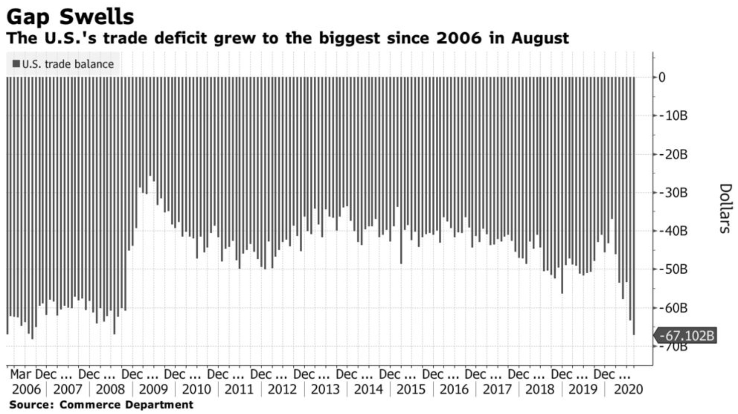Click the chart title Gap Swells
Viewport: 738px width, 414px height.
[x=71, y=17]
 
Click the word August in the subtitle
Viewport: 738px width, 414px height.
[x=540, y=38]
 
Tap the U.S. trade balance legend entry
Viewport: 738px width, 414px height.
[x=68, y=64]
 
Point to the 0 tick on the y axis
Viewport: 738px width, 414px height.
[x=662, y=77]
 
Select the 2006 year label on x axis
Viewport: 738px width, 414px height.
[x=26, y=389]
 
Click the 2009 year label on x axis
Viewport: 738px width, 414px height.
[x=153, y=389]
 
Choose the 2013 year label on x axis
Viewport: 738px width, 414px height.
[x=325, y=389]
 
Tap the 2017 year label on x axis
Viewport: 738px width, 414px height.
[x=497, y=389]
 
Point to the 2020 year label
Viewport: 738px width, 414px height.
[x=628, y=389]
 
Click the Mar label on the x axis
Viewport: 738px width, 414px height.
[x=20, y=374]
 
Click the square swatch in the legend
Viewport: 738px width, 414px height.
[x=17, y=64]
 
